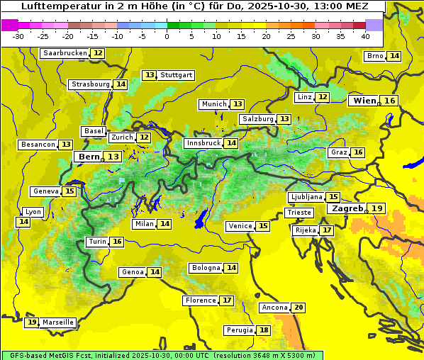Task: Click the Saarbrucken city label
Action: [65, 53]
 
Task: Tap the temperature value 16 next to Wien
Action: [390, 101]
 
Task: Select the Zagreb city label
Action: [347, 208]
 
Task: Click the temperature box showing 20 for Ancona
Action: [299, 308]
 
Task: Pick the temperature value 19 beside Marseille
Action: [32, 322]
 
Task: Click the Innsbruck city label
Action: [203, 143]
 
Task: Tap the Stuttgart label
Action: [177, 75]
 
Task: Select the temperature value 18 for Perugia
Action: [264, 330]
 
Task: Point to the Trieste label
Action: [299, 213]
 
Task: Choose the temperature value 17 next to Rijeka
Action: [326, 230]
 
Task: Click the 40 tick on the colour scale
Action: [365, 36]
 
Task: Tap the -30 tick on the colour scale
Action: [18, 36]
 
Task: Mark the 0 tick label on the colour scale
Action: [167, 36]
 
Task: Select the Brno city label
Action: [374, 56]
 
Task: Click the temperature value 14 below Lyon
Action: [23, 222]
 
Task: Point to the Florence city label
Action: [200, 300]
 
